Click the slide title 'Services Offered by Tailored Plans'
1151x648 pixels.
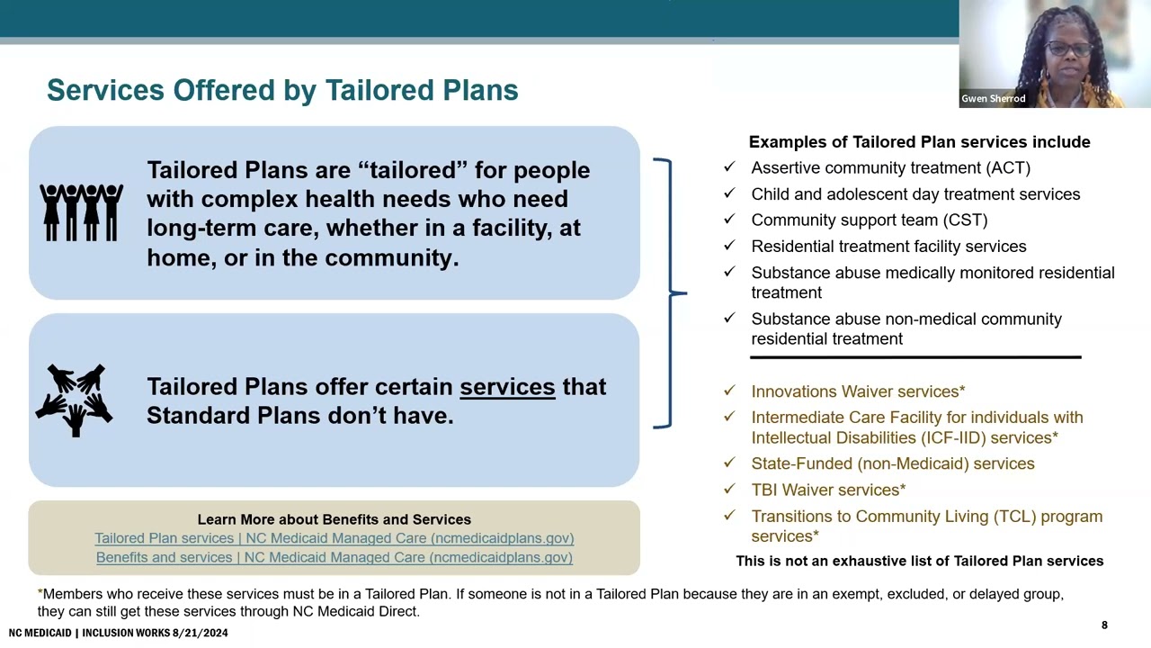[x=282, y=90]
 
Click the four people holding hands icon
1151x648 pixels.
[x=81, y=212]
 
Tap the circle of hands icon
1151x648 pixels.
[x=75, y=400]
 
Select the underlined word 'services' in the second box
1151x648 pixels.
[x=507, y=387]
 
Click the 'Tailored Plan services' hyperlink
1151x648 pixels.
[x=334, y=538]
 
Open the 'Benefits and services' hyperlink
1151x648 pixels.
[x=334, y=557]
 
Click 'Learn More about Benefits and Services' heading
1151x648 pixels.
[x=334, y=519]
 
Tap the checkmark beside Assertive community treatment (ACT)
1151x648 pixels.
[x=729, y=167]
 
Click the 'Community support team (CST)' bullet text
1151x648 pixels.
[x=869, y=220]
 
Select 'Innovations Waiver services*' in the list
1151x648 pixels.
[x=858, y=391]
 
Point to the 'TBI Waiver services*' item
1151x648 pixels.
[x=828, y=490]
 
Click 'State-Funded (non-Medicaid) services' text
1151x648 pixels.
[x=892, y=463]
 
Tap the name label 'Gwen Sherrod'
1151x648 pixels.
[x=993, y=99]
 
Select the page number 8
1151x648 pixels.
[x=1104, y=625]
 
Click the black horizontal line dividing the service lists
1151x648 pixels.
[x=915, y=357]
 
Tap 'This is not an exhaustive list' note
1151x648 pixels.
[x=919, y=561]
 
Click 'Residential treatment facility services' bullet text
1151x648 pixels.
[x=888, y=247]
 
